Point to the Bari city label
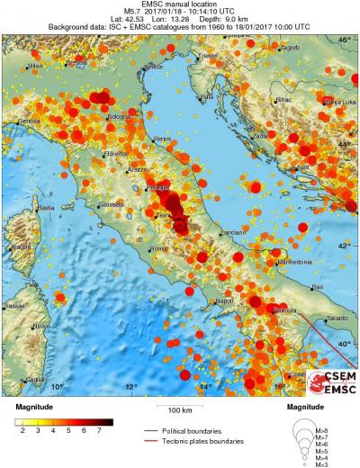[317, 286]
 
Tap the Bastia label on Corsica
[45, 208]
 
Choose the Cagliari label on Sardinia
[36, 380]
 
